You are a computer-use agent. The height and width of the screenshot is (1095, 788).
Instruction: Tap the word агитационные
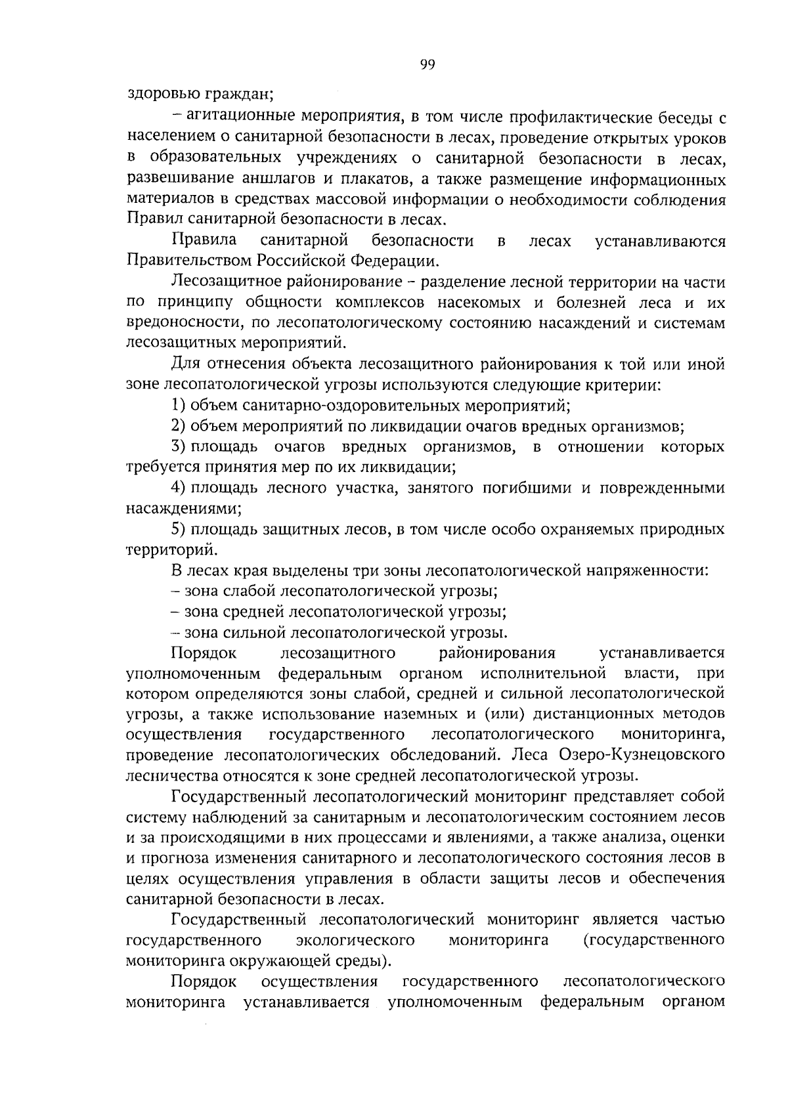tap(241, 118)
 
